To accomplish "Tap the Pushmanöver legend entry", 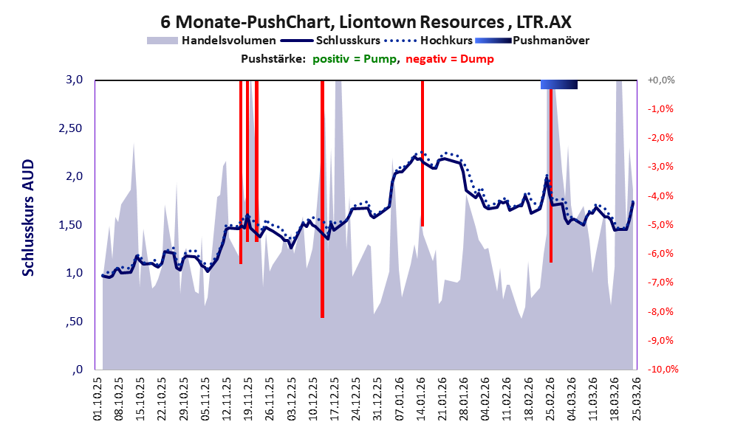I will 550,41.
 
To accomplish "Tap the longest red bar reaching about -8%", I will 322,199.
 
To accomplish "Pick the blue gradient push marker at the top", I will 558,85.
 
